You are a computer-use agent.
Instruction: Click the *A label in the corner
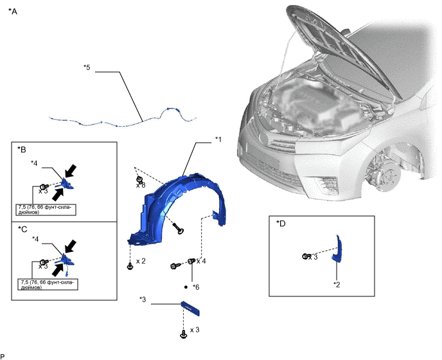[13, 12]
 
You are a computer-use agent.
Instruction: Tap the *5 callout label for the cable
[87, 67]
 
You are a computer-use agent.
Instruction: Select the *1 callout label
[218, 139]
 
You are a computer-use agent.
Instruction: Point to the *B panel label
[22, 150]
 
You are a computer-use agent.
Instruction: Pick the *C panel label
[22, 230]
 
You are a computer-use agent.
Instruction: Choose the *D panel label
[281, 224]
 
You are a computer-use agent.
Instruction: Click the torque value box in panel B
[46, 210]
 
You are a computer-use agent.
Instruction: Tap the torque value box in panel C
[48, 284]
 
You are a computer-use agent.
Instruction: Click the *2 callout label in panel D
[337, 285]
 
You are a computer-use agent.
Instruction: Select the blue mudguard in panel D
[337, 249]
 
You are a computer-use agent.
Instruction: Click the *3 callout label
[143, 300]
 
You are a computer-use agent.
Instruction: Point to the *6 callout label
[196, 287]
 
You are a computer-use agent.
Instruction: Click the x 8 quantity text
[141, 185]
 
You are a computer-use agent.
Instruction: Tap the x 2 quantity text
[141, 261]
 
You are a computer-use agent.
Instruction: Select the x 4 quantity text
[201, 261]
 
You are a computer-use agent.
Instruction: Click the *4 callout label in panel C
[35, 239]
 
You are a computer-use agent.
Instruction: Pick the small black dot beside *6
[186, 287]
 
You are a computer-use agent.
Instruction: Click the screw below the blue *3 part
[183, 335]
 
